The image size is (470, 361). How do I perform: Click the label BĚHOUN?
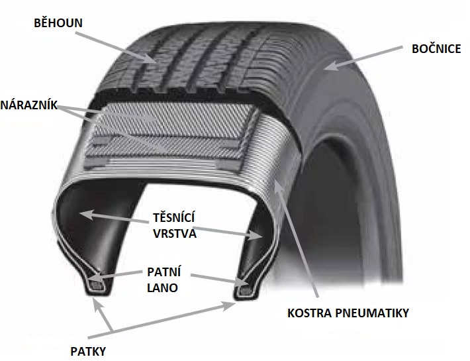[59, 22]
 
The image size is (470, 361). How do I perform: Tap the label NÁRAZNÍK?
[30, 105]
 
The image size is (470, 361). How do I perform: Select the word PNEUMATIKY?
[383, 312]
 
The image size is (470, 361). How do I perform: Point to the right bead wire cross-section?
[244, 287]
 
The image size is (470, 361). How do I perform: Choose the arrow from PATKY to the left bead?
[101, 318]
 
